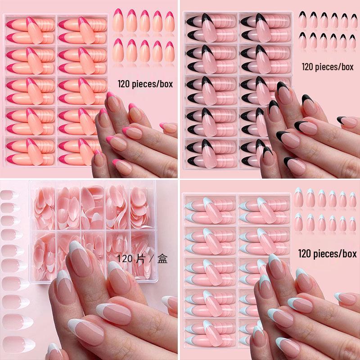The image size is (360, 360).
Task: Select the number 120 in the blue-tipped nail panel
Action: [x=306, y=254]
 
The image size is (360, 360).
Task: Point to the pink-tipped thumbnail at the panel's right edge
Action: [x=168, y=127]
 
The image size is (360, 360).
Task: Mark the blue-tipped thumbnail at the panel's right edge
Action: [x=346, y=297]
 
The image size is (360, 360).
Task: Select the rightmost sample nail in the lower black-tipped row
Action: [x=352, y=41]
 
